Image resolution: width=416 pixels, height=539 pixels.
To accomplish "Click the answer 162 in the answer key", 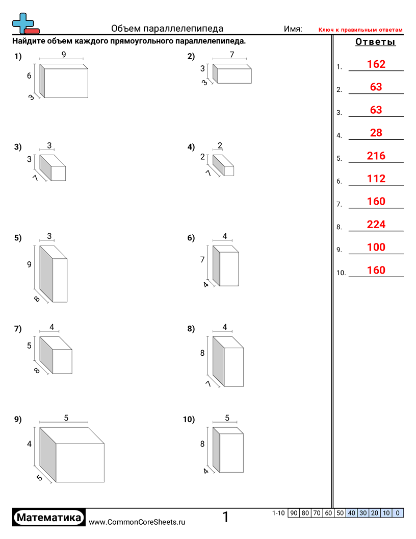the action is tap(376, 64).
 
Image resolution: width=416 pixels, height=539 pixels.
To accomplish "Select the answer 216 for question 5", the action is tap(376, 156).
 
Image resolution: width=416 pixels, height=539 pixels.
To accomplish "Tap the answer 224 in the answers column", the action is tap(376, 225).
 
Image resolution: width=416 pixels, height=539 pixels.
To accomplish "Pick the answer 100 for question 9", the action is tap(376, 247).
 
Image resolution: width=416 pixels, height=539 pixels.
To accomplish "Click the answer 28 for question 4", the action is tap(376, 133).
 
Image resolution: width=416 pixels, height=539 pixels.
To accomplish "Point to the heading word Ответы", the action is tap(375, 41).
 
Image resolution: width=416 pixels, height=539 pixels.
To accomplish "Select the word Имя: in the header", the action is tap(293, 29).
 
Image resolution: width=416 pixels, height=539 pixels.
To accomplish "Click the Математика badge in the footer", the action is tap(49, 518).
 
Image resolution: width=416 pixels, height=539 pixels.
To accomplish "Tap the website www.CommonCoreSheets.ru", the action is tap(137, 522).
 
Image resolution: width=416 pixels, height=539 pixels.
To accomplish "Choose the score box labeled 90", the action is tap(294, 513).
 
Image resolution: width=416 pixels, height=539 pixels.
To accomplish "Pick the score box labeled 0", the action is tap(398, 513).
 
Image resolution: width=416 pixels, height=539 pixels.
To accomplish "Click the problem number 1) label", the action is tap(18, 56).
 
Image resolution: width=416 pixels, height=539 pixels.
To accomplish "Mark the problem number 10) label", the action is tap(189, 419).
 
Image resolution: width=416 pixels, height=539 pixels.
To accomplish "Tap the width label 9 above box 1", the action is tap(64, 54).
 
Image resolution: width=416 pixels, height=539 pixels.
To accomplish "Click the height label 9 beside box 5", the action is tap(29, 264).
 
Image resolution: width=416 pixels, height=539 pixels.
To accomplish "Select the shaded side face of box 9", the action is tap(48, 454).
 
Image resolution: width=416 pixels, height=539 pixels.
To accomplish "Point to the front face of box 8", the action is tap(233, 367).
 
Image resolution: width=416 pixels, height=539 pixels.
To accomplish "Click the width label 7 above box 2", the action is tap(232, 54).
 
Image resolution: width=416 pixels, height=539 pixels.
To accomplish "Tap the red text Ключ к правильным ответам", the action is tap(360, 30).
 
